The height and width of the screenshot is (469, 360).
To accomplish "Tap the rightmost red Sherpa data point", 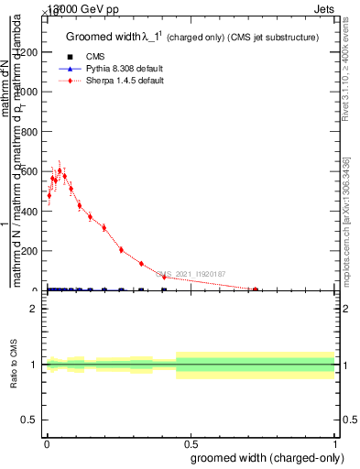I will coord(256,289).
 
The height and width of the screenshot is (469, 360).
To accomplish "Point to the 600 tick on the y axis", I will coord(45,171).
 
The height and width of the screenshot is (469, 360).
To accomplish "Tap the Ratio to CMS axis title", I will coord(15,365).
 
